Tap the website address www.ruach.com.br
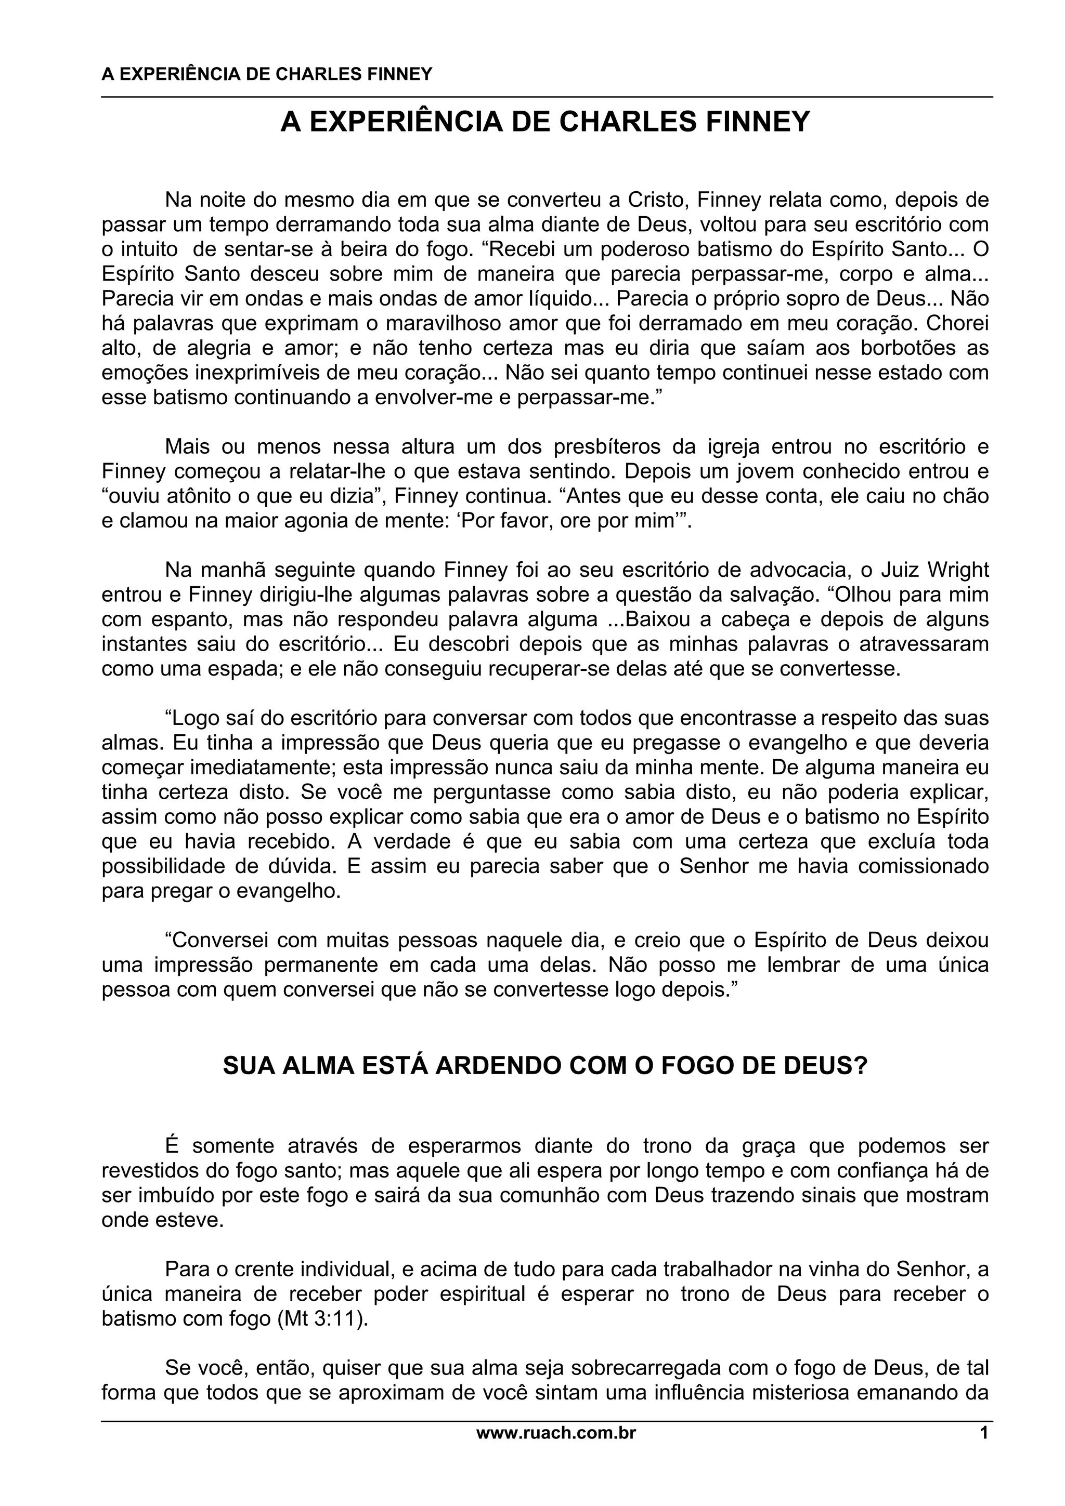(x=556, y=1434)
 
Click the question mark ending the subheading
(x=861, y=1066)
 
